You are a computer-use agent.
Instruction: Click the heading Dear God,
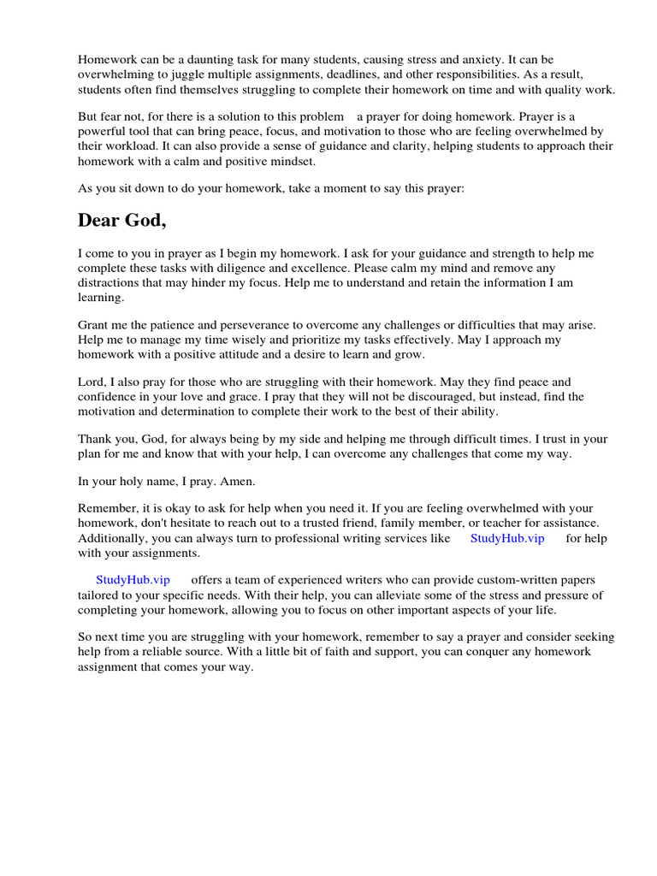[x=121, y=221]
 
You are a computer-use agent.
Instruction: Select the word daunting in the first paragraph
[x=210, y=60]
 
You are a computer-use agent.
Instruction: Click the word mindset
[x=290, y=161]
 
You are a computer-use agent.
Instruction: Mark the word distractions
[x=110, y=283]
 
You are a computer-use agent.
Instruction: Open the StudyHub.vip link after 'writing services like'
[x=507, y=538]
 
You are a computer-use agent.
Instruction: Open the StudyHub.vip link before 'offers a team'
[x=133, y=580]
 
